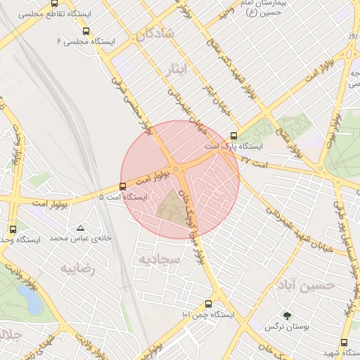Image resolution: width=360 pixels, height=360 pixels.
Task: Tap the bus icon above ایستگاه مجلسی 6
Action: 86,32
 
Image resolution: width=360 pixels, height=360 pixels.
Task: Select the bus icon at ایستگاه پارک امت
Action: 234,136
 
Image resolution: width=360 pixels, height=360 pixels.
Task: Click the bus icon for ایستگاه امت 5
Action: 123,186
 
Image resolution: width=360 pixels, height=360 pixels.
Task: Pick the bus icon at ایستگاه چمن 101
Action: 207,304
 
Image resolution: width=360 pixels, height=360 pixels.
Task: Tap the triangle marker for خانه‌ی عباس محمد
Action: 80,228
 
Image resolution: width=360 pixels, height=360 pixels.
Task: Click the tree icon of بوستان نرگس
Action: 285,316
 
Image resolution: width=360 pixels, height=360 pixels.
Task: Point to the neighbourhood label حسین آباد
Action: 305,285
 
